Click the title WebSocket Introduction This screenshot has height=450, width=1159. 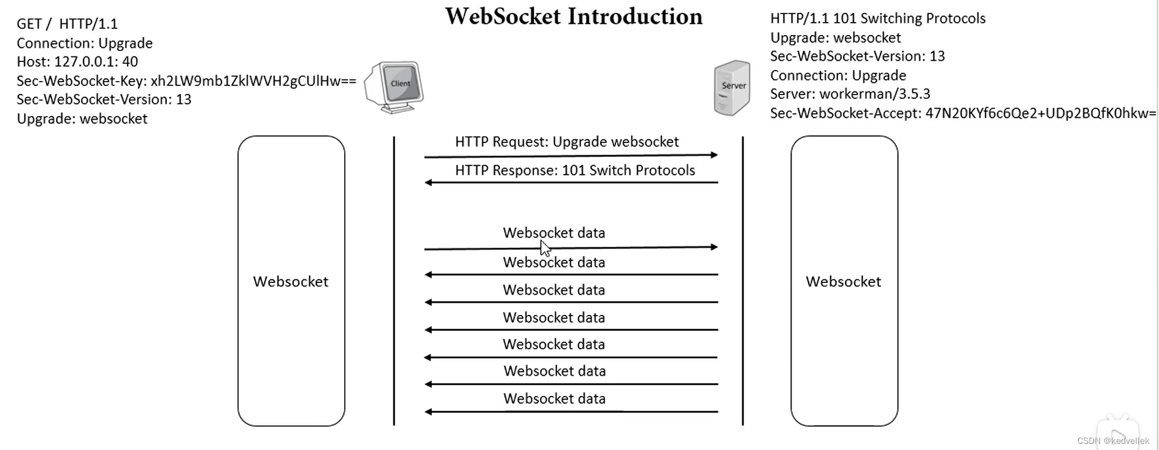(574, 17)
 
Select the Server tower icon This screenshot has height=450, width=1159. (732, 87)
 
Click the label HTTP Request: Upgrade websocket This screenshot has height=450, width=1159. (566, 142)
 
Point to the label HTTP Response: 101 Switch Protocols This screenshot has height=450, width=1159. (575, 170)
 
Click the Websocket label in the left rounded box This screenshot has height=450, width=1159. (291, 281)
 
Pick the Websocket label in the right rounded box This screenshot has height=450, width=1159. (843, 281)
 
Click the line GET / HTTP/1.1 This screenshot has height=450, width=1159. (67, 24)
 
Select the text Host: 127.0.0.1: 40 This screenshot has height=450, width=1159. (77, 61)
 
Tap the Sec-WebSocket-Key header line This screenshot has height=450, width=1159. (186, 80)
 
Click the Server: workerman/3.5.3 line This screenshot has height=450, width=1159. (850, 94)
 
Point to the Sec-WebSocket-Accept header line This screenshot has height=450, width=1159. (963, 113)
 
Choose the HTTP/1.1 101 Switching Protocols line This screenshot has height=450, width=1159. (877, 18)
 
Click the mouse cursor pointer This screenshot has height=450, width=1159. (545, 247)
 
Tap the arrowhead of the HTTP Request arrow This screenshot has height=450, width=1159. (714, 155)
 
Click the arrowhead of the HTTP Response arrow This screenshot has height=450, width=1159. (428, 182)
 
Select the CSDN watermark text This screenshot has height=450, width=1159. (1112, 441)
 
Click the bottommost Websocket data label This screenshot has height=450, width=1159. (554, 398)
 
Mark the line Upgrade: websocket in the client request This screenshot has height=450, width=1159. (82, 118)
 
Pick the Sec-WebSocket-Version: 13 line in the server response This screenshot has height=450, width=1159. (857, 56)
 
